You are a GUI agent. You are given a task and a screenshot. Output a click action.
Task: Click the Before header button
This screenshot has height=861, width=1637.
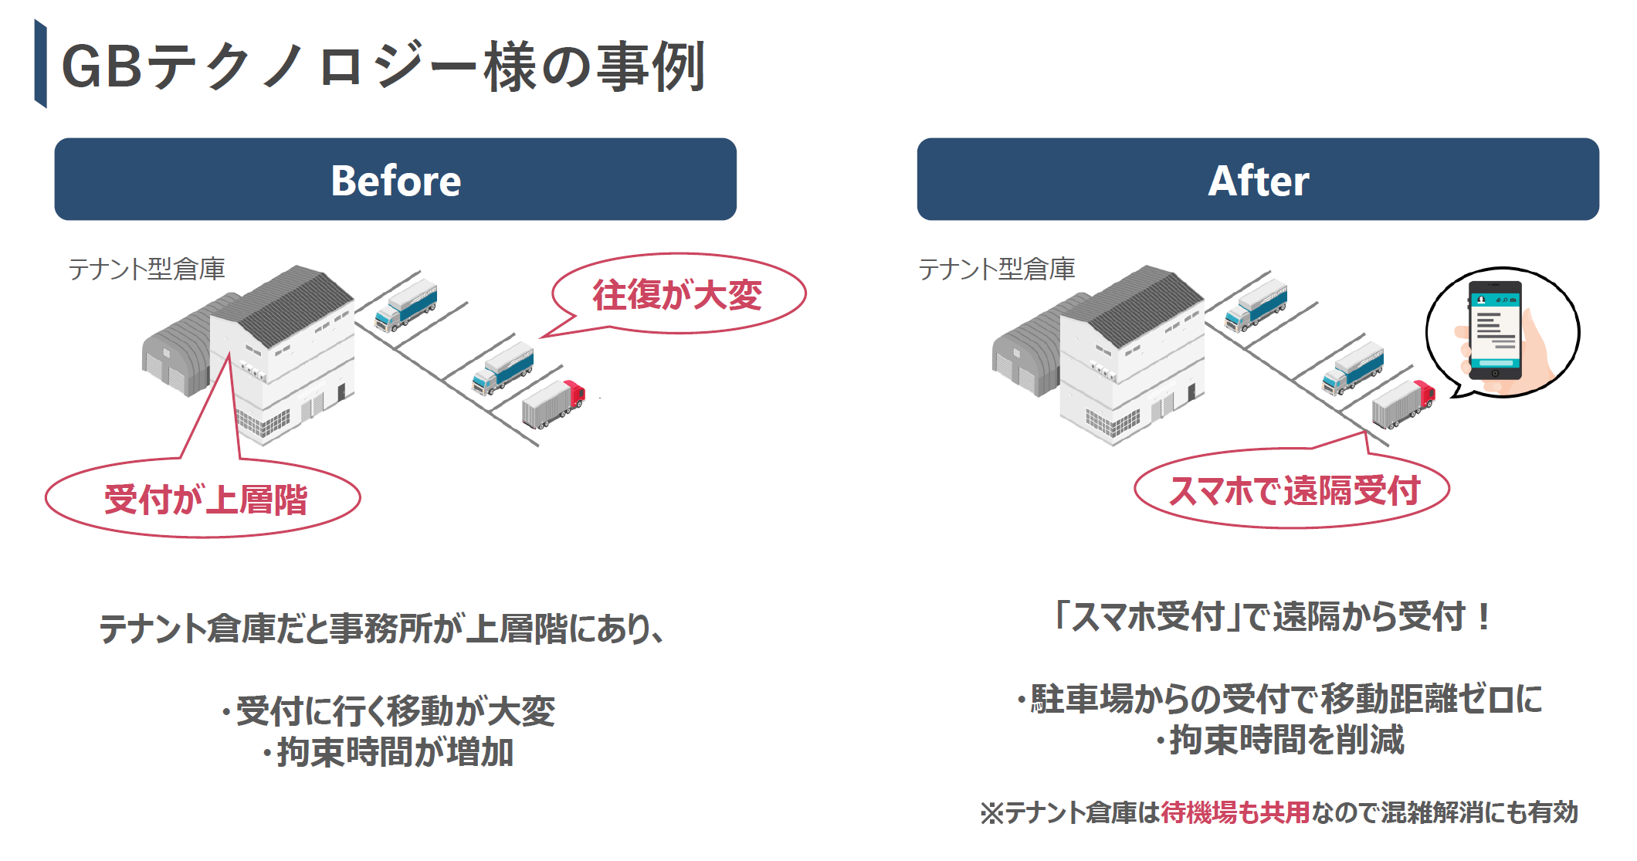[x=395, y=180]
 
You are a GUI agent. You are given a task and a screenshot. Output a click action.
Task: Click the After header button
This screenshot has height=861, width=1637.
[x=1258, y=180]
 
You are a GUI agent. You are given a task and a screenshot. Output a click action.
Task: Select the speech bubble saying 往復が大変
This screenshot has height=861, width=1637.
[x=678, y=295]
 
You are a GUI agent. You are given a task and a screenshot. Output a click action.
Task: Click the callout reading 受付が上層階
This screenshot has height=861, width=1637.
[x=205, y=500]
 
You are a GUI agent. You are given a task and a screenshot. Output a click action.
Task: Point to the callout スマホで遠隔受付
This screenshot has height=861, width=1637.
[x=1293, y=490]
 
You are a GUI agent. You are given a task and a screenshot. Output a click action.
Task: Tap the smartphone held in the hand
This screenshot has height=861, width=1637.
[x=1494, y=331]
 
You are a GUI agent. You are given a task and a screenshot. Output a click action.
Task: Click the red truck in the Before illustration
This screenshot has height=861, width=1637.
[x=554, y=402]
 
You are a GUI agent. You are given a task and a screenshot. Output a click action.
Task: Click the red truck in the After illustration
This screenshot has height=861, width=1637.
[x=1404, y=402]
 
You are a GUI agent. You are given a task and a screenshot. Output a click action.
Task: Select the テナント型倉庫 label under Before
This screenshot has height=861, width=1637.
[x=147, y=269]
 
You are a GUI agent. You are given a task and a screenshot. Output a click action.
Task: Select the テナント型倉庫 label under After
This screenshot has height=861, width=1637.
[x=996, y=269]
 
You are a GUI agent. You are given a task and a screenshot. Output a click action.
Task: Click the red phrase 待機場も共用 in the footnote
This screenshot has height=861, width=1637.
[x=1235, y=812]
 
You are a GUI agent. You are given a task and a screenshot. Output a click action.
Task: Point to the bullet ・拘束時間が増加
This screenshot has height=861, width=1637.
[x=388, y=752]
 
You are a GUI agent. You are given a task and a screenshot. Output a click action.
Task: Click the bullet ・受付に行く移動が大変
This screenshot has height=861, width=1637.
[x=388, y=711]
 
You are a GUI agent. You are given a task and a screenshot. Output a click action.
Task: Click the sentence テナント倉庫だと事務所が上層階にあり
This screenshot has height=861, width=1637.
[x=381, y=629]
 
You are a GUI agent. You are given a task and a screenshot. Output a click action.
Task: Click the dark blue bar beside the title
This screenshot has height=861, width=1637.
[x=40, y=64]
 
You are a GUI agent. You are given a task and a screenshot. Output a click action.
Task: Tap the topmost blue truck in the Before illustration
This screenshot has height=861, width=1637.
[x=406, y=306]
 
